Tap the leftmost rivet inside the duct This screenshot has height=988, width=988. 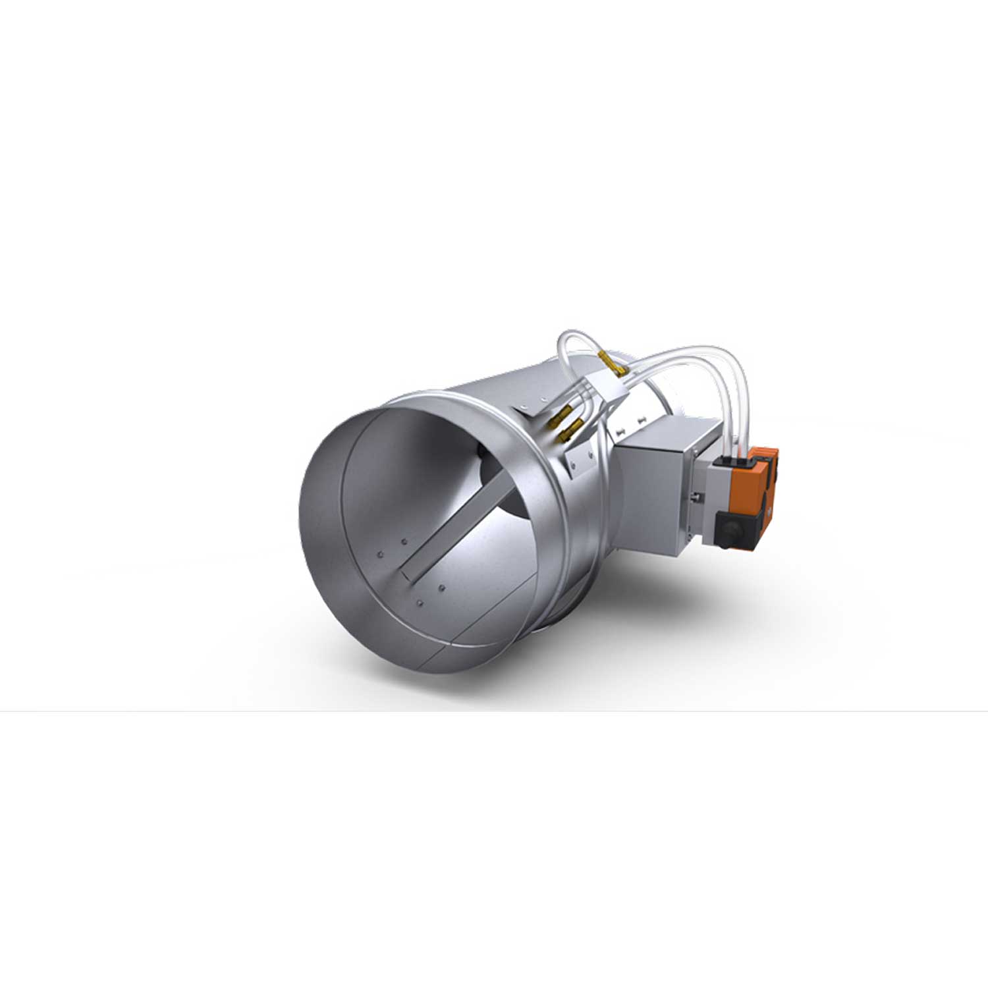coord(380,555)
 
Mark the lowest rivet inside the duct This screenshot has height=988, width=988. coord(420,601)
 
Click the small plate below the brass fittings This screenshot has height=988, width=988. coord(580,461)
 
